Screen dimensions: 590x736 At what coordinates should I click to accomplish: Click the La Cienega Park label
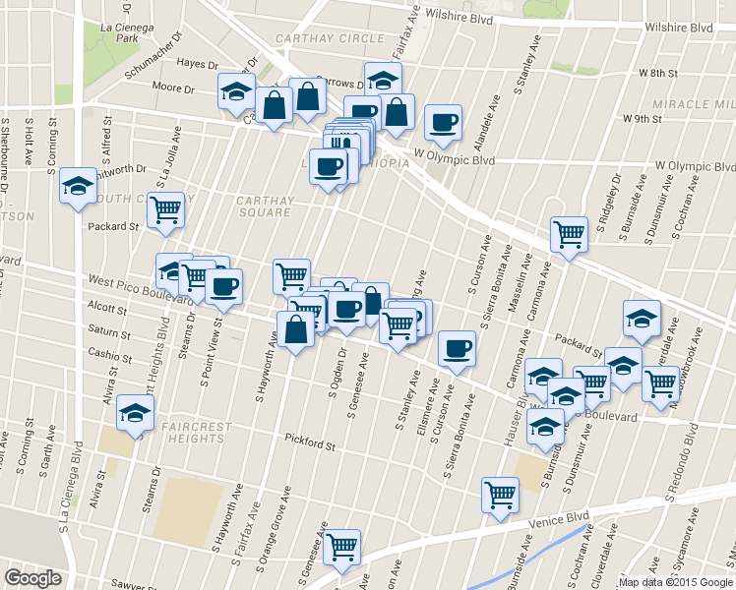(124, 32)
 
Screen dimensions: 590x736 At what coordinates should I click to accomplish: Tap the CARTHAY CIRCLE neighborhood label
(330, 38)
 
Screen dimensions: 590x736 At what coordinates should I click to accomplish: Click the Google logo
(32, 577)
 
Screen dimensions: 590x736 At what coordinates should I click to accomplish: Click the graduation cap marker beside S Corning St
(78, 186)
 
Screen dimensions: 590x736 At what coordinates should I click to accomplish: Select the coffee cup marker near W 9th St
(443, 122)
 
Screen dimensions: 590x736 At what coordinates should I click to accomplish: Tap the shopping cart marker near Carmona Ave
(568, 234)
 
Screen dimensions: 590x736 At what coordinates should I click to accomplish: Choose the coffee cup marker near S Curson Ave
(457, 348)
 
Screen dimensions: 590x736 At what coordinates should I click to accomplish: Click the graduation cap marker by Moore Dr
(236, 91)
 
